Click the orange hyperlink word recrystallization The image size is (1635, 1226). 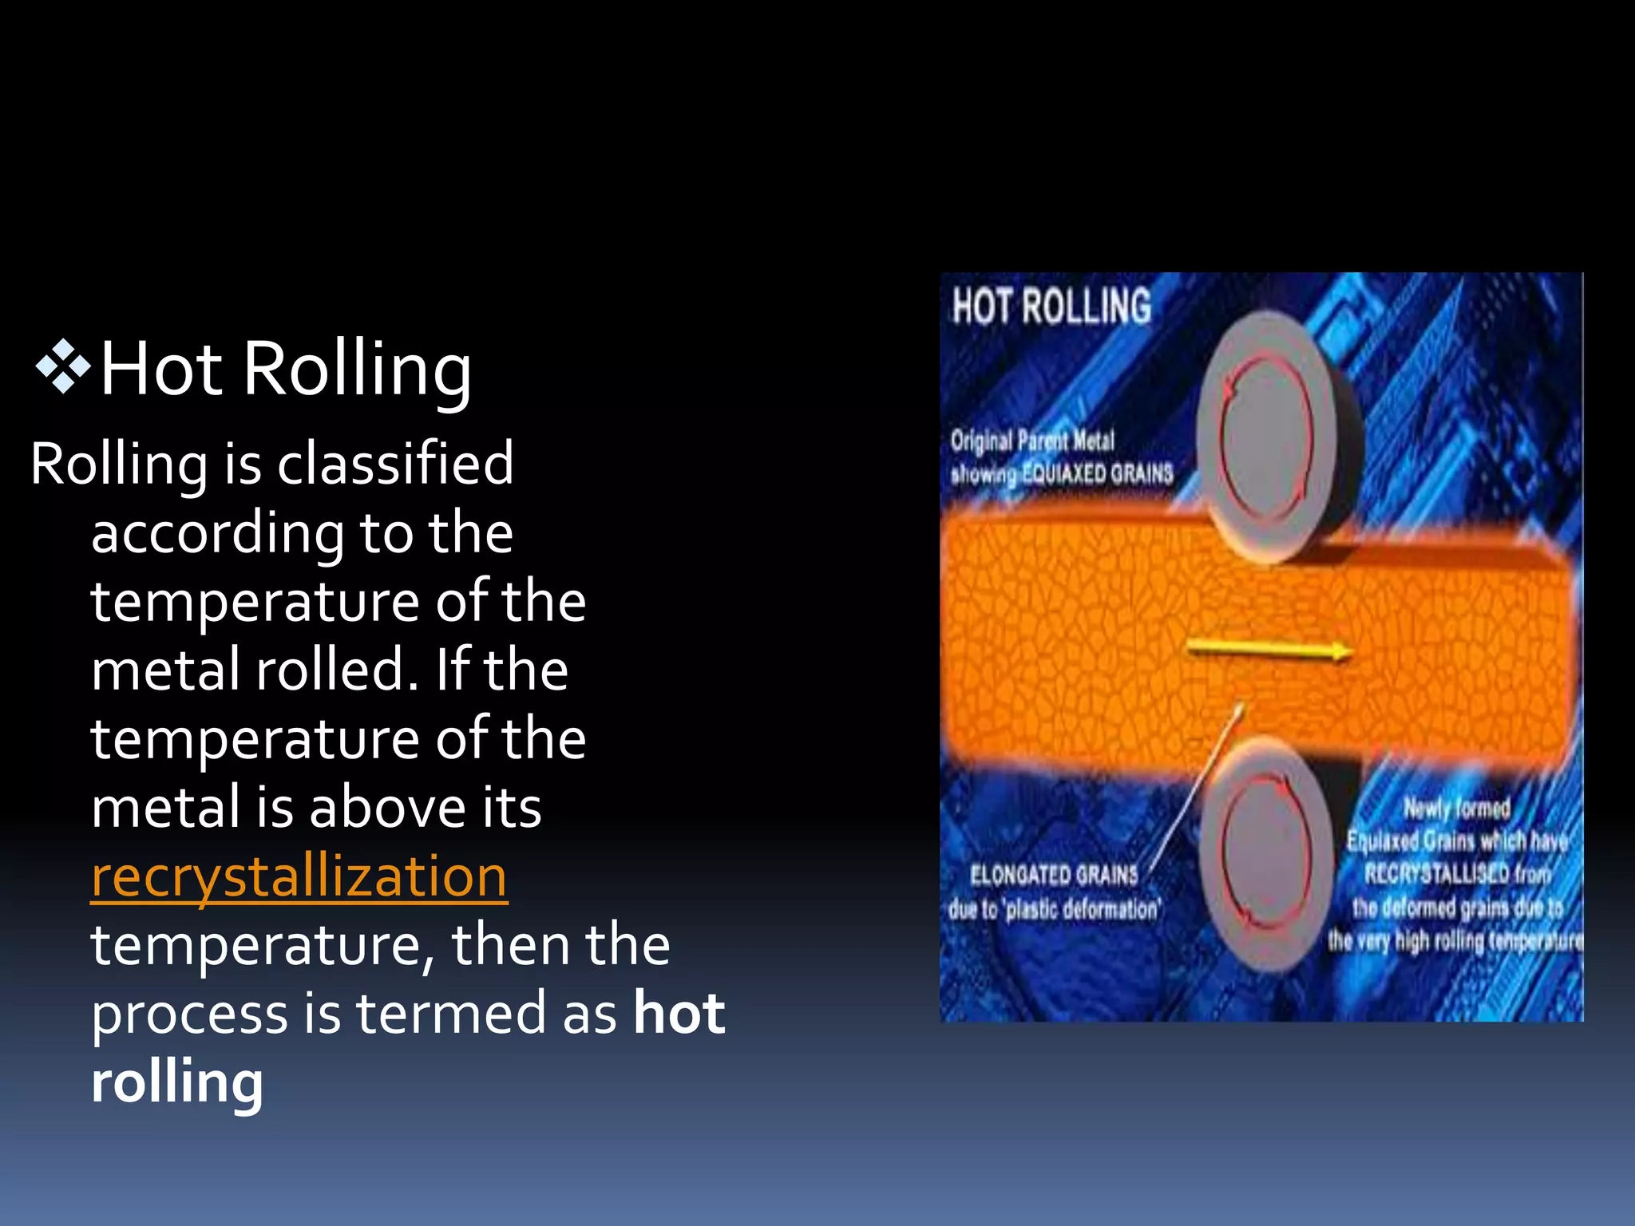299,876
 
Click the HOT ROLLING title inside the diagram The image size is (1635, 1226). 1051,306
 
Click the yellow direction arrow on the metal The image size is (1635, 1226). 1269,651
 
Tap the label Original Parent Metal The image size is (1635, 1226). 1031,441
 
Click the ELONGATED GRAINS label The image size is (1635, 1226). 1054,875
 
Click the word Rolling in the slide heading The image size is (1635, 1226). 357,368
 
